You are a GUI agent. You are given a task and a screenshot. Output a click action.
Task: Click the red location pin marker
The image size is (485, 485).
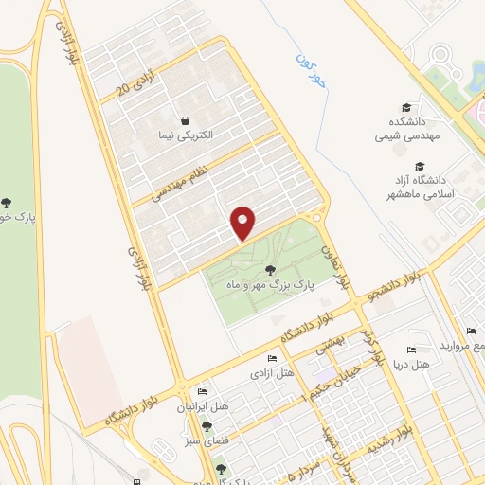click(243, 223)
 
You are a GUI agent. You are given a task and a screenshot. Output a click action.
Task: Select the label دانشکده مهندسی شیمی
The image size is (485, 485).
click(405, 129)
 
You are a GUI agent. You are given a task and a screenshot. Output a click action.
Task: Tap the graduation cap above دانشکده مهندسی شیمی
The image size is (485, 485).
click(405, 109)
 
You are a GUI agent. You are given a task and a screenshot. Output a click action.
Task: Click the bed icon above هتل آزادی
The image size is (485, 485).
click(272, 358)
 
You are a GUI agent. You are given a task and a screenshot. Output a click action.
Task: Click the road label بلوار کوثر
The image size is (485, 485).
click(375, 353)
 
